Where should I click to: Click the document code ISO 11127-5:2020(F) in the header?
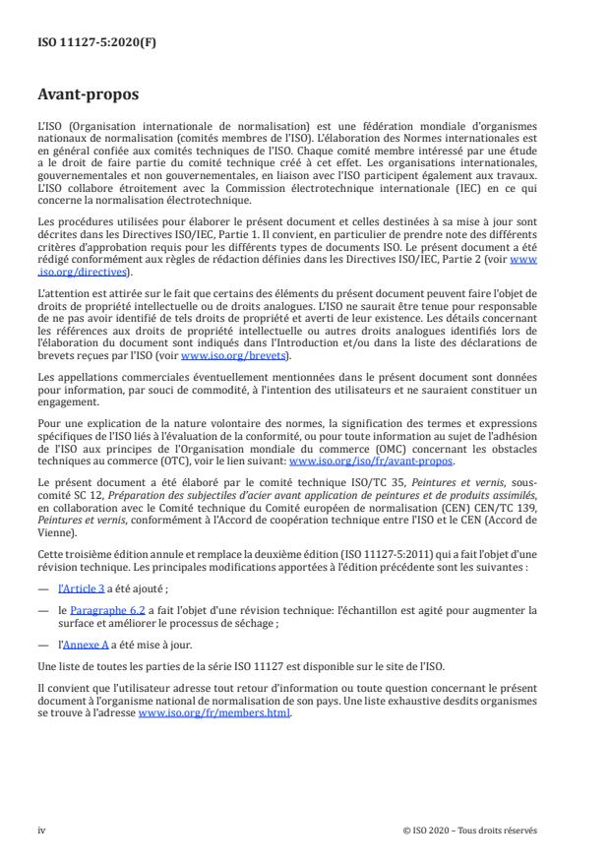[84, 42]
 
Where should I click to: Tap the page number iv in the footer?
[41, 830]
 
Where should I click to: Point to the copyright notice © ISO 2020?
[470, 830]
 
